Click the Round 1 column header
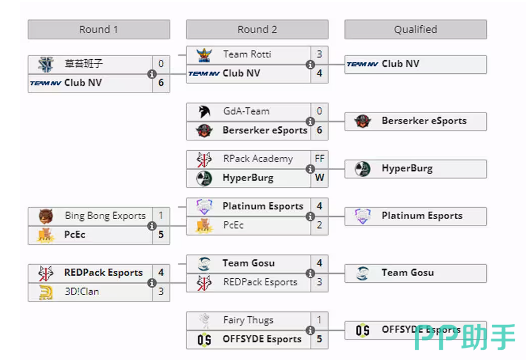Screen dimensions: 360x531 [98, 30]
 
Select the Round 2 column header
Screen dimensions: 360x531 [257, 30]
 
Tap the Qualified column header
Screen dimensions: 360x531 [415, 30]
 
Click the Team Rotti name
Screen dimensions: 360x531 [247, 55]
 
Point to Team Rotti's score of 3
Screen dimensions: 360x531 [319, 55]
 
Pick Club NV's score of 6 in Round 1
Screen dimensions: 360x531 [161, 82]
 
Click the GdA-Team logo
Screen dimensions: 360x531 [204, 112]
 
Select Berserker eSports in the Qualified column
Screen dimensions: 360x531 [424, 121]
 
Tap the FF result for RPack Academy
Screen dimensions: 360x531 [319, 159]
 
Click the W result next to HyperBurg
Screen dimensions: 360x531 [319, 177]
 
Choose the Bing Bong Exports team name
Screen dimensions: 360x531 [105, 216]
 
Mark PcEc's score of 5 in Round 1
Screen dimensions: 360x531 [161, 235]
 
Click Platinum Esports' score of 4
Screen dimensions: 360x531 [319, 206]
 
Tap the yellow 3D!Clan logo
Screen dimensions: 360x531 [46, 292]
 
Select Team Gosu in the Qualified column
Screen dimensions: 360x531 [407, 273]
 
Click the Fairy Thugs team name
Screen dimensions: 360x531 [248, 320]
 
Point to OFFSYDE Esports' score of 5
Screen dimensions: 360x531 [319, 339]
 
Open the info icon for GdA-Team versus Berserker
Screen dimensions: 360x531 [310, 121]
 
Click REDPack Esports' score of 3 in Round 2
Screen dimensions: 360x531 [319, 282]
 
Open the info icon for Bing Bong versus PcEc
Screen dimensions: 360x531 [152, 226]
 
